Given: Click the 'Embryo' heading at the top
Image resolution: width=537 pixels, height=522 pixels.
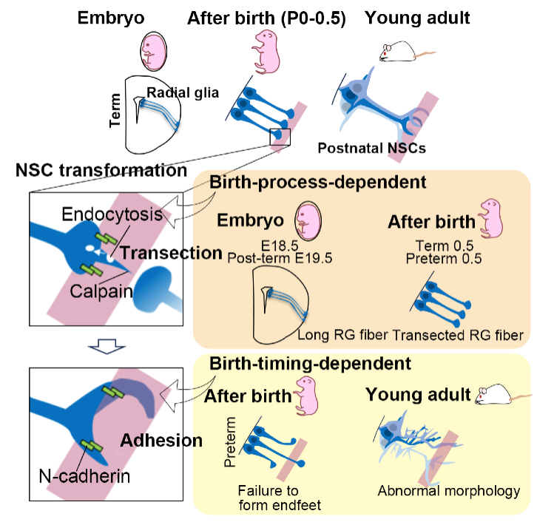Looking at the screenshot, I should click(x=112, y=18).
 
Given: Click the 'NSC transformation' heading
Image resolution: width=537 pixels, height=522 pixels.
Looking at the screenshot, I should click(x=101, y=171).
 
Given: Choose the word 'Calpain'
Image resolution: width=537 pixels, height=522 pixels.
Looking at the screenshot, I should click(x=102, y=291).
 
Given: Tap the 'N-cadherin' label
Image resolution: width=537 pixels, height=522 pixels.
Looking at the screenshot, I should click(x=85, y=475).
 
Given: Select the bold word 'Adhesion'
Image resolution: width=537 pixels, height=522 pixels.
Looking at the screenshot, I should click(x=161, y=441).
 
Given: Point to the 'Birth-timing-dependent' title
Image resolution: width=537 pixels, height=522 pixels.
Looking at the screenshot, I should click(x=310, y=363).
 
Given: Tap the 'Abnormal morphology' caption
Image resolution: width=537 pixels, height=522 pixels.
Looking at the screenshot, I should click(x=448, y=491).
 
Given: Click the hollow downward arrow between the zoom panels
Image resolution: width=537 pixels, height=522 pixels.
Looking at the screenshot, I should click(x=104, y=343).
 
